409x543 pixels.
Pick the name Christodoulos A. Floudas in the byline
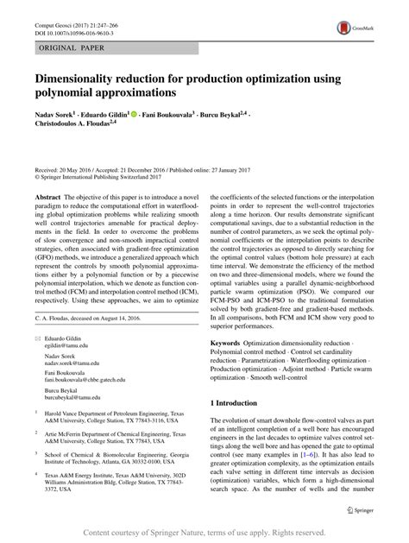[x=77, y=123]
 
